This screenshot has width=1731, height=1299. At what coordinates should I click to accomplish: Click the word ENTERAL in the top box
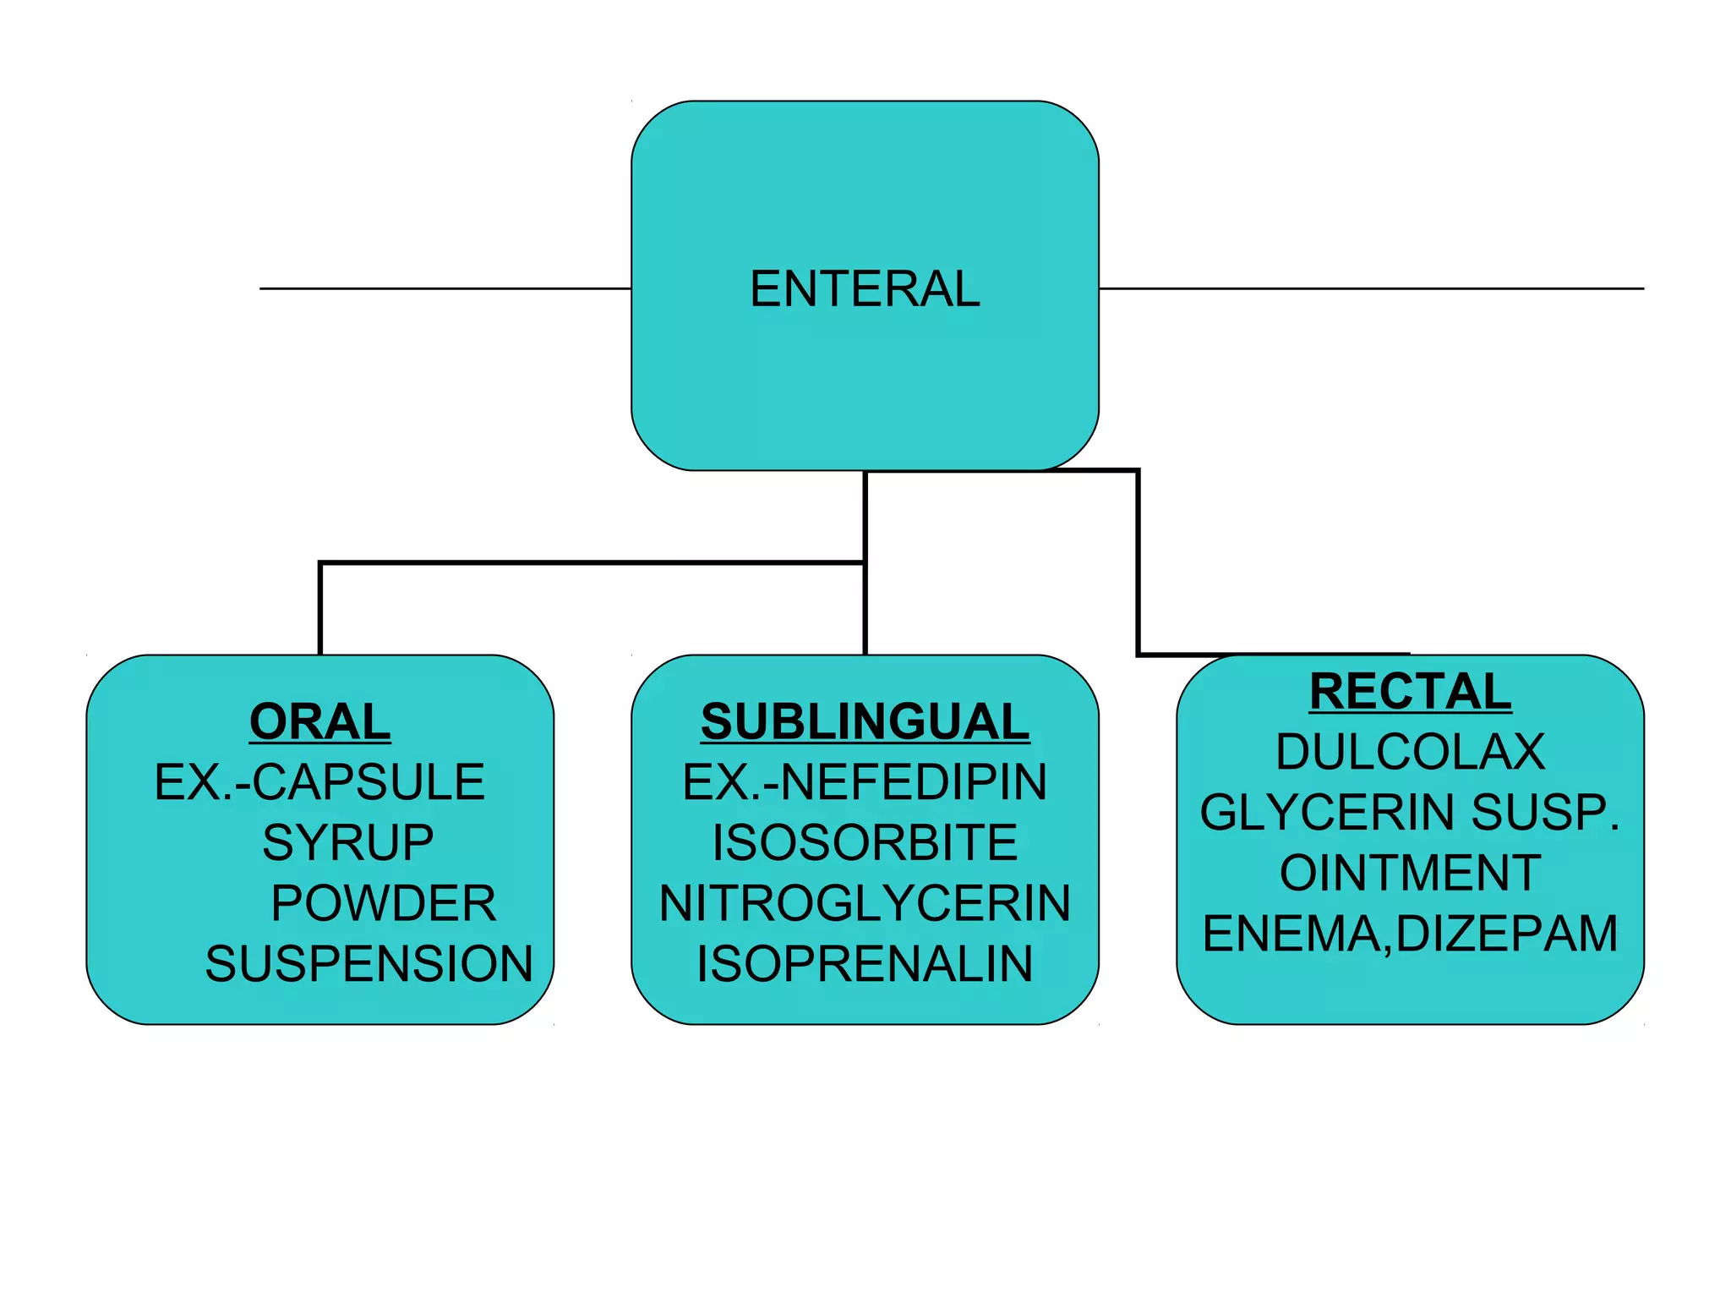[x=865, y=289]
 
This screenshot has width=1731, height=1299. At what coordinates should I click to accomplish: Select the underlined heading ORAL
[x=319, y=721]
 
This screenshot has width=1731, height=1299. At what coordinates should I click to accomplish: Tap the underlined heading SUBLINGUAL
[x=865, y=721]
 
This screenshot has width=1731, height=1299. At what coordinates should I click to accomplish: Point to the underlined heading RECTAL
[x=1410, y=691]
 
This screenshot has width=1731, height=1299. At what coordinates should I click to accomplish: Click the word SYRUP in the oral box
[x=347, y=842]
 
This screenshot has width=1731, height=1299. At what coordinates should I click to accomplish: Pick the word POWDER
[x=383, y=903]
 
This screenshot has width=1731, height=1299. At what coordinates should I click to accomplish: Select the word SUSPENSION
[x=369, y=964]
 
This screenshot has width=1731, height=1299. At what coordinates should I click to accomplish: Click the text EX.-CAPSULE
[x=319, y=781]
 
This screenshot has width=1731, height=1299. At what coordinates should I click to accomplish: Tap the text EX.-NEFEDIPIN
[x=865, y=781]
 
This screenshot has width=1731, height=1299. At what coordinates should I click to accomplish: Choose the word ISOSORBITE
[x=865, y=842]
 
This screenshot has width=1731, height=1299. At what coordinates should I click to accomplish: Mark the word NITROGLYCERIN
[x=865, y=903]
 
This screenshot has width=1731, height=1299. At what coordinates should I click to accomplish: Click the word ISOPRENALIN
[x=865, y=964]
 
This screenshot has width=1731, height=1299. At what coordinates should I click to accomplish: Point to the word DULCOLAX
[x=1410, y=752]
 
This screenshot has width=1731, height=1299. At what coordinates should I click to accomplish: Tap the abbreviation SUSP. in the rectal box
[x=1545, y=813]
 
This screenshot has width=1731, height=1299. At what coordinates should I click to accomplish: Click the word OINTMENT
[x=1410, y=873]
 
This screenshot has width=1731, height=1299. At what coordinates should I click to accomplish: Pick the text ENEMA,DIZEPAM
[x=1410, y=934]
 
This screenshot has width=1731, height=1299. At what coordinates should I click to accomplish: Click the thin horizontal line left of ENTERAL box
[x=445, y=288]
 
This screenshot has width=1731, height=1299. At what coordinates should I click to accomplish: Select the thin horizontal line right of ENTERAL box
[x=1371, y=288]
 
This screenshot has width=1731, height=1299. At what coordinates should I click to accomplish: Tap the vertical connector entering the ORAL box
[x=320, y=609]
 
